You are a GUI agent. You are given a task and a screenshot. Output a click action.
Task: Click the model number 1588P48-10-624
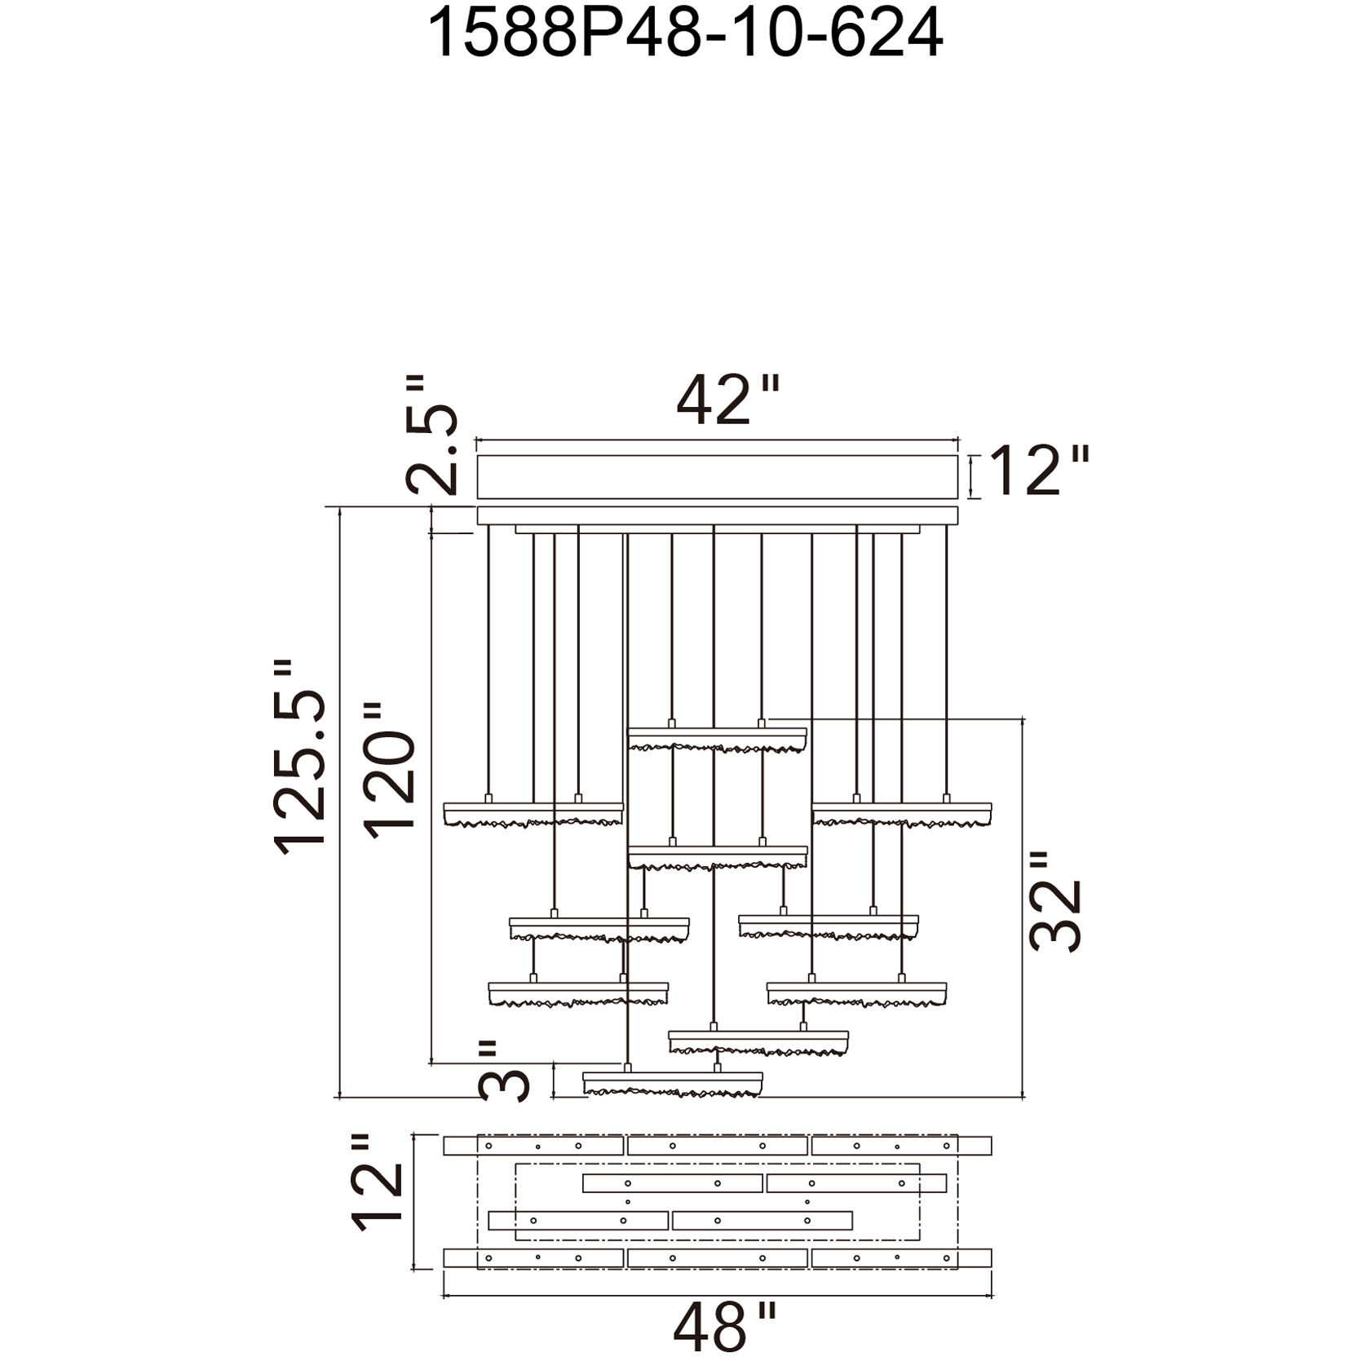pyautogui.click(x=685, y=33)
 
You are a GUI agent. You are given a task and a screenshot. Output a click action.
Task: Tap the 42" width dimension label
pyautogui.click(x=729, y=400)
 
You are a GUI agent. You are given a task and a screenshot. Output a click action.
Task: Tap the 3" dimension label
pyautogui.click(x=505, y=1071)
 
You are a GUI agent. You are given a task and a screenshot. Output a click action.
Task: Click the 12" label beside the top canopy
pyautogui.click(x=1038, y=471)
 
